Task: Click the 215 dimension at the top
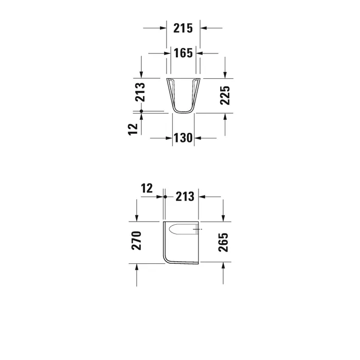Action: [x=183, y=28]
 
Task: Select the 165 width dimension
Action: [x=183, y=53]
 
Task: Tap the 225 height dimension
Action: [x=225, y=96]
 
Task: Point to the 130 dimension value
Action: [x=183, y=138]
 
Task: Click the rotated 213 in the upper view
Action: [x=140, y=92]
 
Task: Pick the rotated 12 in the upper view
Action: [x=133, y=130]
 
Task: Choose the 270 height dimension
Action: [x=136, y=241]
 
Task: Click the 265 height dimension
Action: [x=223, y=242]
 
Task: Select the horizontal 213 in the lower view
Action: [x=185, y=197]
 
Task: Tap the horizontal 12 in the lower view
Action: [x=147, y=189]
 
